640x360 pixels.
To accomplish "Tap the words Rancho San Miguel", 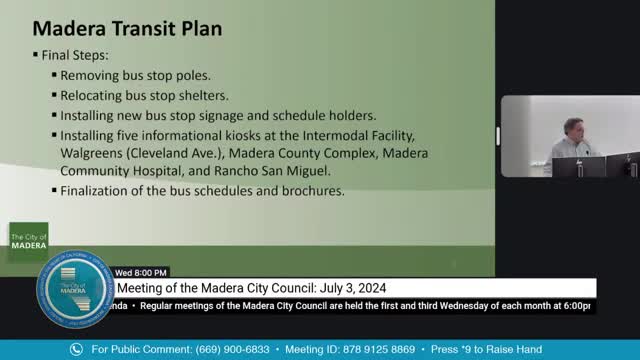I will pos(304,171).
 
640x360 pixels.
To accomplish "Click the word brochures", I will pos(309,191).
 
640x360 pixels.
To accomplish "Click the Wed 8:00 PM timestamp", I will pos(141,272).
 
